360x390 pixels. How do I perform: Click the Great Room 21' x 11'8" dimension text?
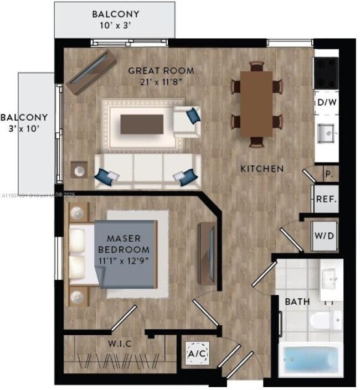tap(161, 81)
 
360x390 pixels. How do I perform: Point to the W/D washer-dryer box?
tap(324, 236)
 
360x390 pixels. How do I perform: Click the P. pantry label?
tap(328, 174)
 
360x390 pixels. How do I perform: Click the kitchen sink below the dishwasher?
tap(325, 132)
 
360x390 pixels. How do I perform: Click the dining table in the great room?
tap(256, 103)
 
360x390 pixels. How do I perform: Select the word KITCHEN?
tap(262, 168)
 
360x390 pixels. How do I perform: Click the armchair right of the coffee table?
tap(187, 121)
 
